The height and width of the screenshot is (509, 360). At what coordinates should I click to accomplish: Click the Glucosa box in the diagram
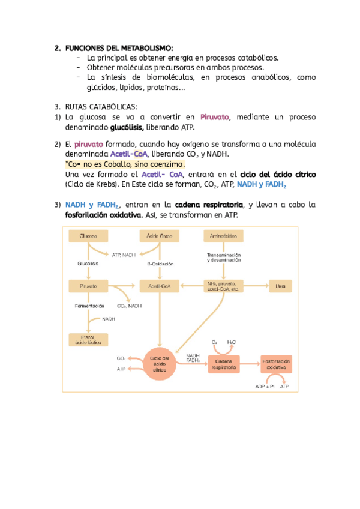[89, 236]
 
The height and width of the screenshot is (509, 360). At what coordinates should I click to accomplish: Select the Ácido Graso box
[159, 236]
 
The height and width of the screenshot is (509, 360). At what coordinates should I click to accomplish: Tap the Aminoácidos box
[223, 236]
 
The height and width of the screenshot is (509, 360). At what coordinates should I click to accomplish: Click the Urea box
[280, 286]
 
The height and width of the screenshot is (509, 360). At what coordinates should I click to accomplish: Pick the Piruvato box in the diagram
[89, 286]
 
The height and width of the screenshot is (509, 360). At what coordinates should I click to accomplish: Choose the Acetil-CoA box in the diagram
[159, 286]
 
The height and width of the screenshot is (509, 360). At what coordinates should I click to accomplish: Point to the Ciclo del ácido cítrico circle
[159, 364]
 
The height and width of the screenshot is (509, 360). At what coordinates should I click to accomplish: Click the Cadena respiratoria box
[223, 364]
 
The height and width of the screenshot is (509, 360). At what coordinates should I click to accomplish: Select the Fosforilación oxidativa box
[276, 364]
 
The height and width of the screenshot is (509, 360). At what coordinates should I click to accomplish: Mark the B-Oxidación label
[160, 264]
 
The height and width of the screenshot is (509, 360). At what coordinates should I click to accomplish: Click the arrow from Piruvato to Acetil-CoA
[122, 286]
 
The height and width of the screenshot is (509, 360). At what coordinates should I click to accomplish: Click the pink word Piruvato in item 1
[215, 117]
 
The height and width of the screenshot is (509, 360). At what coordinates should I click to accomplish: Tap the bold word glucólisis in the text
[127, 127]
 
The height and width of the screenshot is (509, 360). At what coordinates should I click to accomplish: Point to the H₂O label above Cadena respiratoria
[232, 342]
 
